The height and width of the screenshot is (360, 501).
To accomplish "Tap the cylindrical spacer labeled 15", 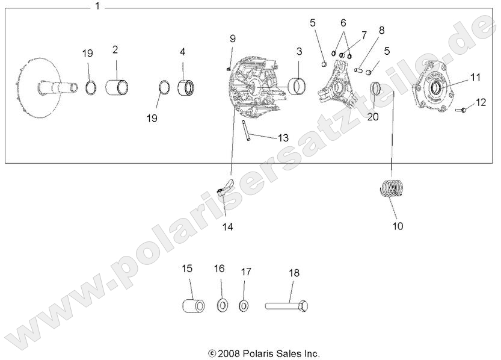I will click(x=191, y=304).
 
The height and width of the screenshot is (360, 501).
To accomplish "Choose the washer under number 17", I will click(x=244, y=305).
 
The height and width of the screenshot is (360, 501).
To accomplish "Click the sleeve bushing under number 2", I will click(x=116, y=87).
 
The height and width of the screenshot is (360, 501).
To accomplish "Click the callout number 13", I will click(x=283, y=138).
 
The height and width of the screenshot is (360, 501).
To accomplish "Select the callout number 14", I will click(x=227, y=227).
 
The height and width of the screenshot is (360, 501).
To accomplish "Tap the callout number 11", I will click(x=476, y=77).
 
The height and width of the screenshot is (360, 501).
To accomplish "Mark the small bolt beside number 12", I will click(x=461, y=110).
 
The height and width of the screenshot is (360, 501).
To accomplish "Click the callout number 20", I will click(x=373, y=117).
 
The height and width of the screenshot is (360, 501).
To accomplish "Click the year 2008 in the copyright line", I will click(x=229, y=353).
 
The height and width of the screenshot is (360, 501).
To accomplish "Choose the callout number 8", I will click(x=381, y=30).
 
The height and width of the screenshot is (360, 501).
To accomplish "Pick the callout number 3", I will click(x=298, y=51).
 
